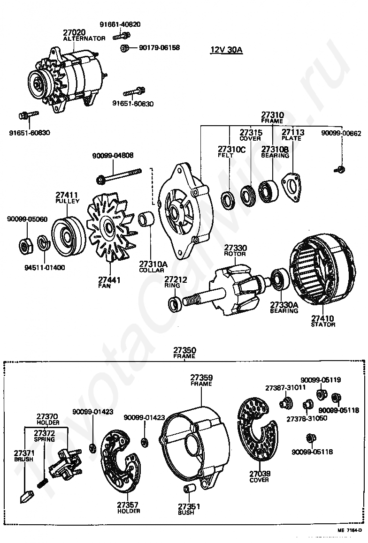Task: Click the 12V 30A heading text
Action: coord(226,50)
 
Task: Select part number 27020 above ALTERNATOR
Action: coord(75,32)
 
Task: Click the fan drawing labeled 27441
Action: coord(110,230)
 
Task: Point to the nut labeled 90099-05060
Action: coord(25,245)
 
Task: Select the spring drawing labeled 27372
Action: coord(43,482)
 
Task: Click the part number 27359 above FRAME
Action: coord(201,377)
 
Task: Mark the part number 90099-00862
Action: coord(341,133)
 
